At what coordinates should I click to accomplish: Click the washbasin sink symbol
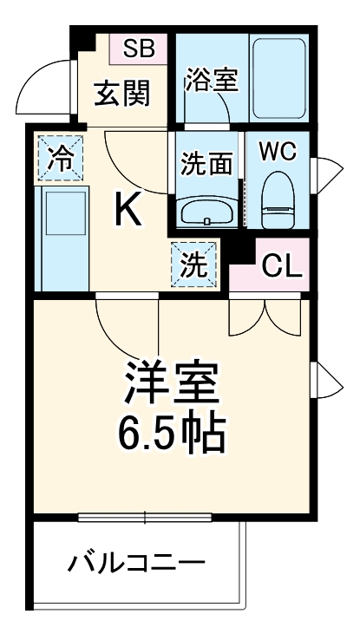pos(206,212)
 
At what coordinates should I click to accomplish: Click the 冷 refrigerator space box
pos(60,159)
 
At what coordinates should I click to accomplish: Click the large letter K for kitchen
pos(130,208)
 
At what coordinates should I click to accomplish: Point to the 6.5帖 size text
pos(172,434)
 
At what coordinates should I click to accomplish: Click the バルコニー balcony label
pos(137,565)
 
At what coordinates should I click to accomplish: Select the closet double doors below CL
pos(265,316)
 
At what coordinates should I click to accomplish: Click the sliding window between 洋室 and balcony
pos(145,518)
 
